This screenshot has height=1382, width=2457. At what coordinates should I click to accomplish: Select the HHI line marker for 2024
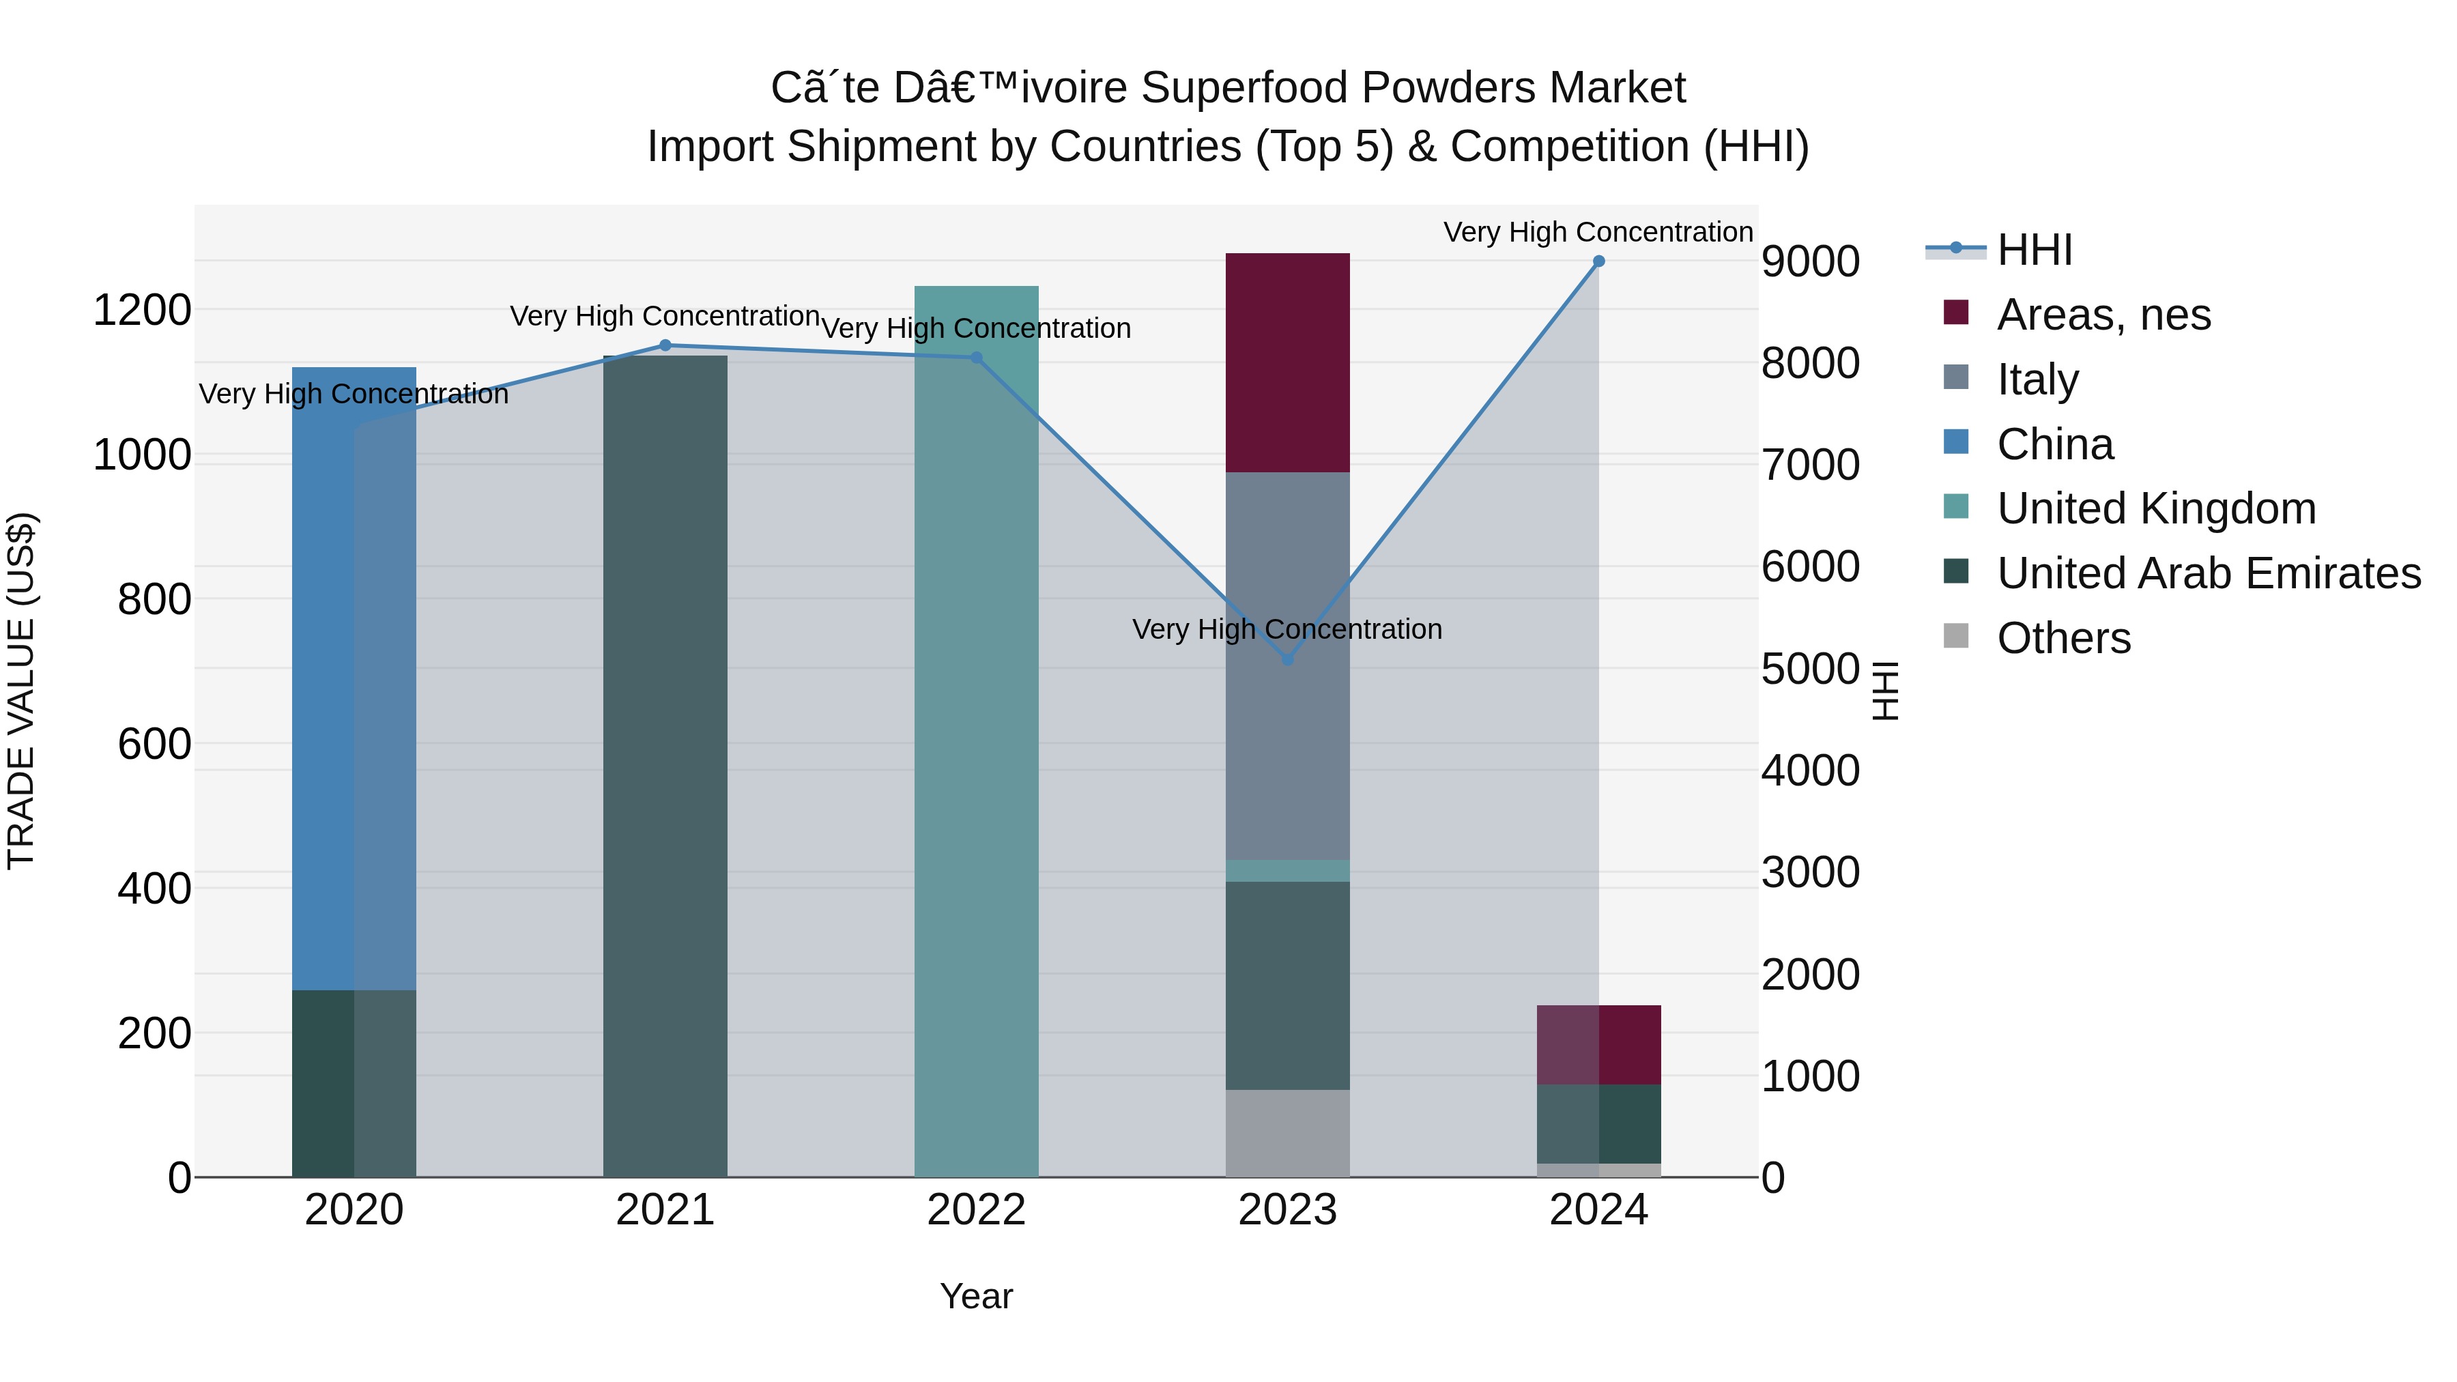tap(1598, 261)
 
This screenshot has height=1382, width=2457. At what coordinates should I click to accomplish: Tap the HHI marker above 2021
tap(665, 345)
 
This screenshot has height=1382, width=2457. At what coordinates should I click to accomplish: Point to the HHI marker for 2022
tap(976, 358)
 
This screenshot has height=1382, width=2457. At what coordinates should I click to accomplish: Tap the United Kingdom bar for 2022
tap(976, 763)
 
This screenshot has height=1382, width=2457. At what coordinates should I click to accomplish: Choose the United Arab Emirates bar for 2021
tap(665, 763)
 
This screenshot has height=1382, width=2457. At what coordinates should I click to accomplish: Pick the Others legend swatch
tap(1955, 636)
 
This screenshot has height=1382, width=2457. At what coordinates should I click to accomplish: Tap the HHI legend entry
tap(2034, 250)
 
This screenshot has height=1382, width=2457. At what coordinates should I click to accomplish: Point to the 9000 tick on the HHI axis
tap(1809, 261)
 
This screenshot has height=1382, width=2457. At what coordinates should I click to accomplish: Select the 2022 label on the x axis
tap(976, 1210)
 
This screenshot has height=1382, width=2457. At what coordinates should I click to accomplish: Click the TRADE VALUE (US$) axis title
tap(21, 691)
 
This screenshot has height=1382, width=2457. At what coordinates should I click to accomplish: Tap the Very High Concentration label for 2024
tap(1598, 232)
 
